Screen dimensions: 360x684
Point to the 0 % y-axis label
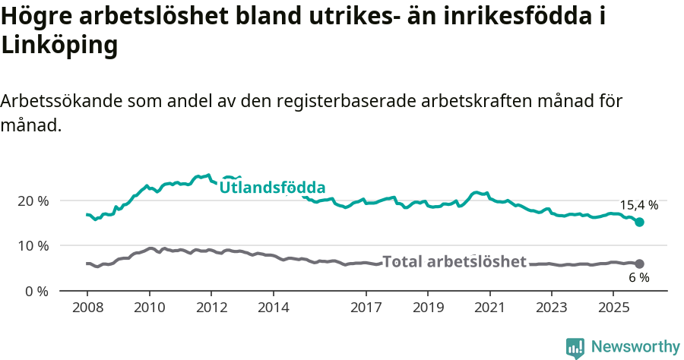click(36, 291)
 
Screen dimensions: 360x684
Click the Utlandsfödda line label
click(272, 188)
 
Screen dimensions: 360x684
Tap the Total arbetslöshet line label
click(454, 262)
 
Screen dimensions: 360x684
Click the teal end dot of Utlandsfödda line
click(639, 222)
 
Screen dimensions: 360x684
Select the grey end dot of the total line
click(639, 264)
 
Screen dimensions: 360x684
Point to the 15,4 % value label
click(638, 205)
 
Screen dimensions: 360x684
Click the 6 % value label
click(638, 278)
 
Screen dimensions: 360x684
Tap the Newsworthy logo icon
click(575, 347)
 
